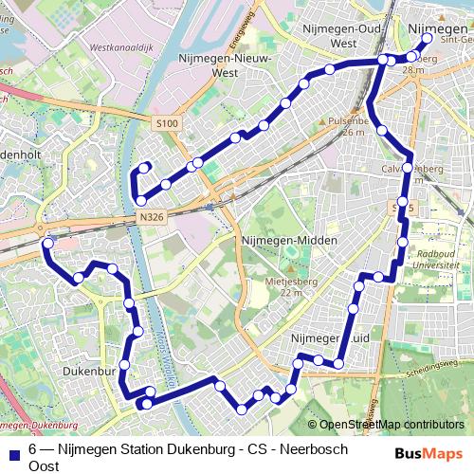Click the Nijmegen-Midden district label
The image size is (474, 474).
pos(289,241)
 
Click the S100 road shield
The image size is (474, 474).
pos(167,123)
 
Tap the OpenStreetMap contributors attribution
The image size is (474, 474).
pos(392,424)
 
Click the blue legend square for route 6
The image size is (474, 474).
pos(13,452)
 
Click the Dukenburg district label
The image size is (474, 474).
pos(90,372)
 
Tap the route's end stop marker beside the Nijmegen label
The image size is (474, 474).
pos(426,39)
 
